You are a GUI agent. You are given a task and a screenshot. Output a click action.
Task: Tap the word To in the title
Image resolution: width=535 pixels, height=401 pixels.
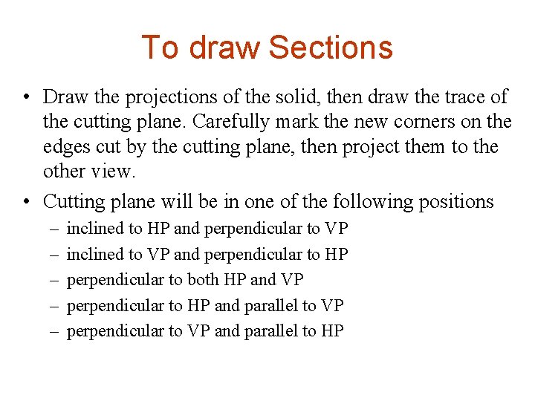160,48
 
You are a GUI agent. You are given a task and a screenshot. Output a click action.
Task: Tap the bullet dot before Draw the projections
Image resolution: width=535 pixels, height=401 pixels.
27,97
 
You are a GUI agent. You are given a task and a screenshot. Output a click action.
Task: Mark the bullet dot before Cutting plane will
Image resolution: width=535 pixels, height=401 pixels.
27,201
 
